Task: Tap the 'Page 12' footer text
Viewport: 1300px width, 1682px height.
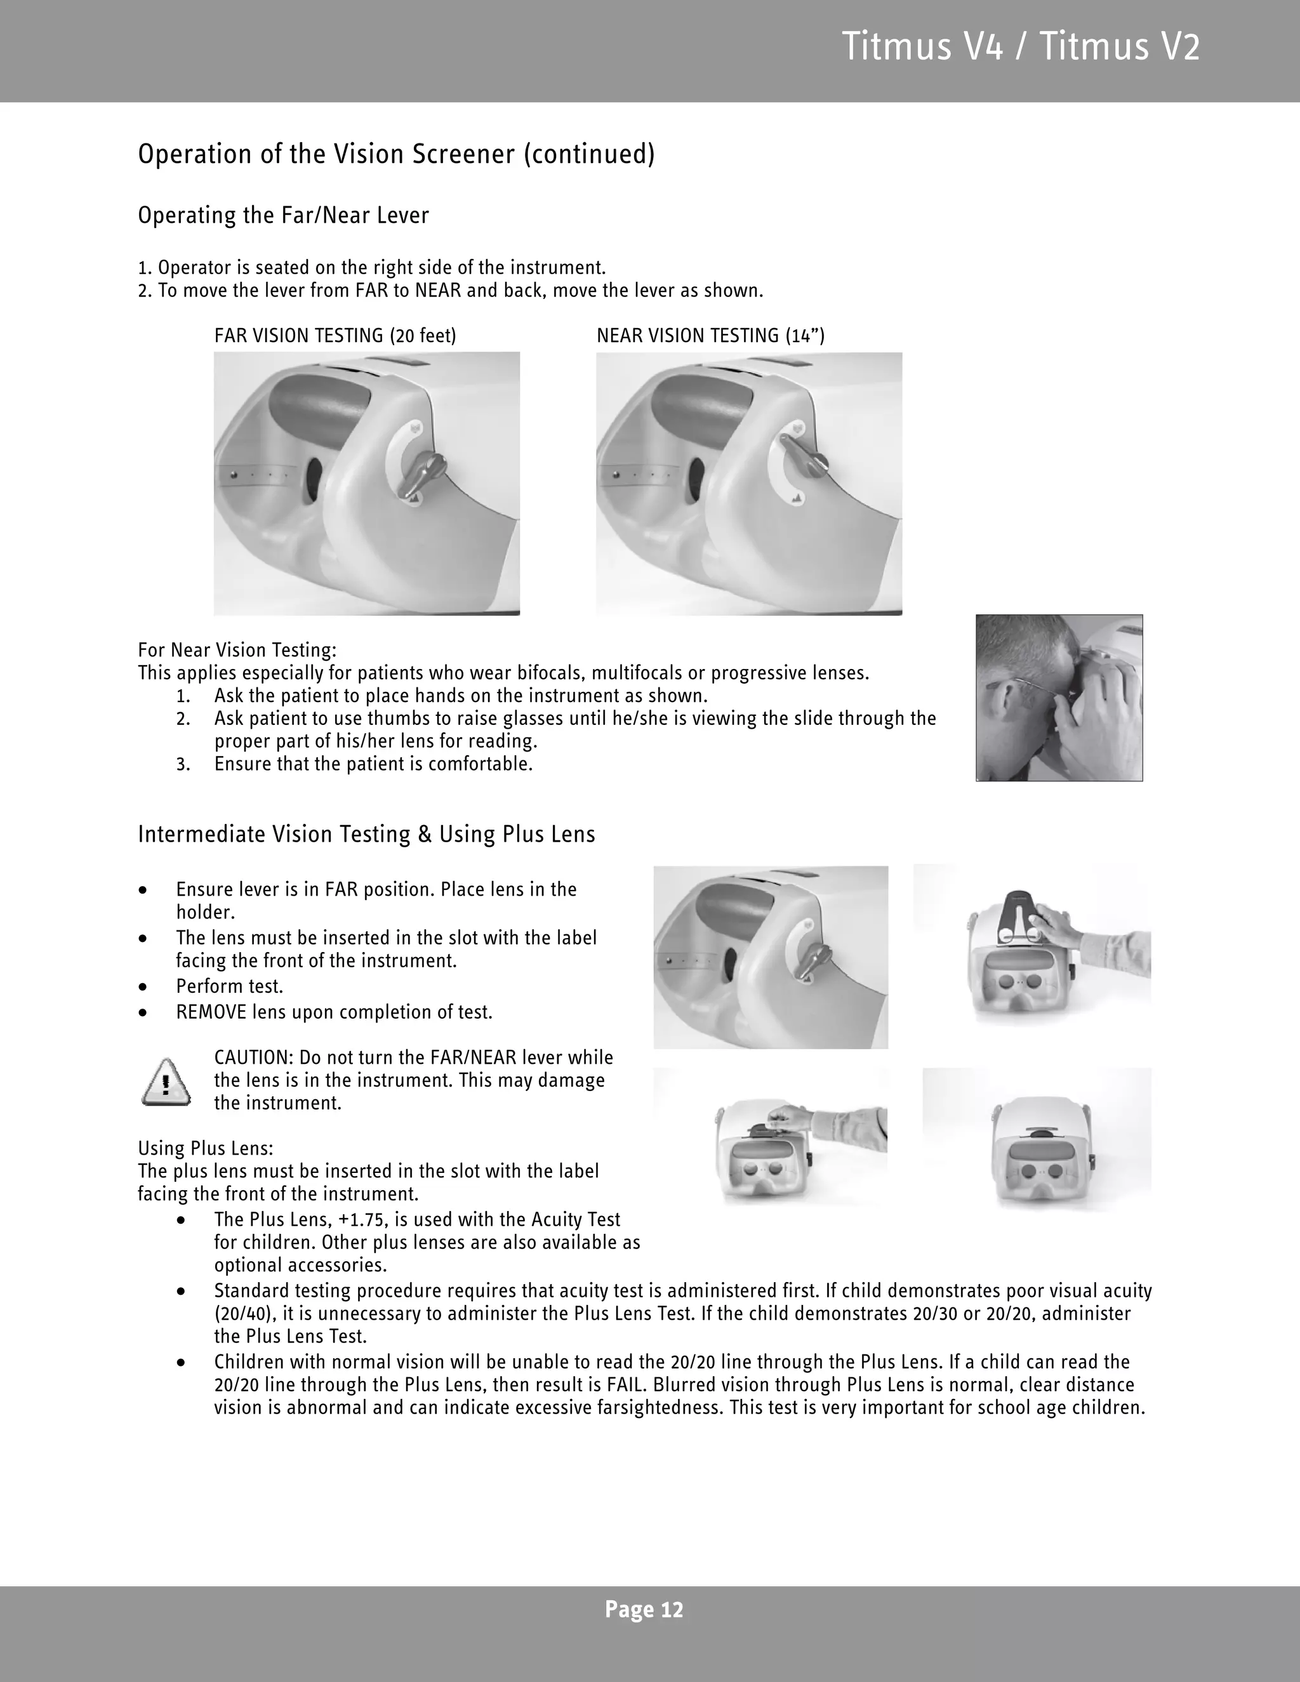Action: pyautogui.click(x=644, y=1610)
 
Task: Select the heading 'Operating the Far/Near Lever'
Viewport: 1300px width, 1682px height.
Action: pyautogui.click(x=282, y=215)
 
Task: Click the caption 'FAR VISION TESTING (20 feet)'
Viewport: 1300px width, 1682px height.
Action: pyautogui.click(x=335, y=336)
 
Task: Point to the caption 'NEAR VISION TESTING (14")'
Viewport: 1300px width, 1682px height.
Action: pyautogui.click(x=710, y=336)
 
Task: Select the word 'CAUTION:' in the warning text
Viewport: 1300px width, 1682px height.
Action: pyautogui.click(x=253, y=1057)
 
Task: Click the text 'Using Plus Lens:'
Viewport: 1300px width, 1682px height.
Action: pyautogui.click(x=206, y=1148)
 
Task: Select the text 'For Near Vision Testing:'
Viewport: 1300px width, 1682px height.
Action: pyautogui.click(x=236, y=650)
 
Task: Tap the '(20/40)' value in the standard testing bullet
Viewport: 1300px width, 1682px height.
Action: pyautogui.click(x=241, y=1314)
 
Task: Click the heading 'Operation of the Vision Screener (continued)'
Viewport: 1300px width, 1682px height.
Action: pyautogui.click(x=396, y=154)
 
